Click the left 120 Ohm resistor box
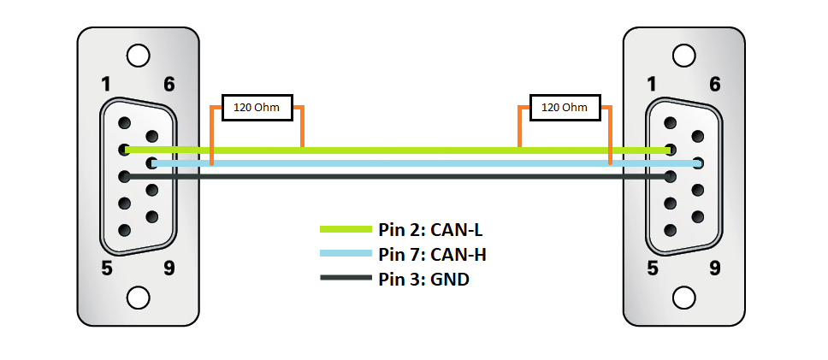tap(257, 108)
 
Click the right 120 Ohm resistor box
tap(565, 108)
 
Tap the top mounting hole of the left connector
tap(139, 56)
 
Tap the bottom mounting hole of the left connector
tap(139, 298)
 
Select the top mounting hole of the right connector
tap(683, 56)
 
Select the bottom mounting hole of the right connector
tap(683, 298)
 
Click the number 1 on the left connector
tap(107, 84)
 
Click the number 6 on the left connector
tap(169, 84)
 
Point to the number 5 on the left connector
tap(107, 269)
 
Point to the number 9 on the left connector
tap(169, 269)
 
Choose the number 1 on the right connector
tap(653, 84)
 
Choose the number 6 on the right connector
tap(714, 84)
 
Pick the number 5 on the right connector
tap(653, 269)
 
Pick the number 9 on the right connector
tap(714, 269)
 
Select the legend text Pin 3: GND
tap(423, 279)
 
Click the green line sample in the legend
tap(346, 229)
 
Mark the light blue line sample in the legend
tap(346, 253)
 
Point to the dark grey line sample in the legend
tap(346, 278)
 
